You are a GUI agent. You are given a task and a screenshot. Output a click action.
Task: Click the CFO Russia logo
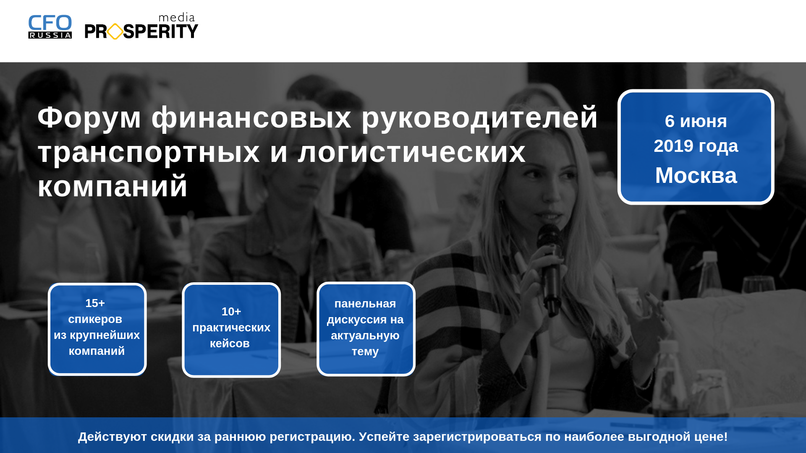[50, 27]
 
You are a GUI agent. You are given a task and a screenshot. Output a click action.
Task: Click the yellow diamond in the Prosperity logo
[115, 31]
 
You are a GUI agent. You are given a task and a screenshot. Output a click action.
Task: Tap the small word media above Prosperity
[177, 18]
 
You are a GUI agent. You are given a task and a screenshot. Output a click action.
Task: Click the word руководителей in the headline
[479, 118]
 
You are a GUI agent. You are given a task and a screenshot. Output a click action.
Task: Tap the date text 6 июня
[696, 121]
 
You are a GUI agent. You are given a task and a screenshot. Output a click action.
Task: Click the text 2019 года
[696, 146]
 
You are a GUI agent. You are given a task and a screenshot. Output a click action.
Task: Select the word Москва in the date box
[696, 175]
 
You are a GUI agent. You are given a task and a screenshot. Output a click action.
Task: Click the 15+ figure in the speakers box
[95, 303]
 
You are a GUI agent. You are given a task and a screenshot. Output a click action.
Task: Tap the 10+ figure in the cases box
[231, 311]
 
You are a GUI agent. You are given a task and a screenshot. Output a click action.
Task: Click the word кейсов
[230, 344]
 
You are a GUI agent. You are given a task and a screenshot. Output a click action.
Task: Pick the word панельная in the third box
[365, 304]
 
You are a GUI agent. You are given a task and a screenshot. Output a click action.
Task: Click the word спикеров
[95, 319]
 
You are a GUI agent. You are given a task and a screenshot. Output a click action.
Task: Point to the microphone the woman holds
[551, 268]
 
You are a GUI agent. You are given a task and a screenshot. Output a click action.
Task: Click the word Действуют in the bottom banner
[113, 437]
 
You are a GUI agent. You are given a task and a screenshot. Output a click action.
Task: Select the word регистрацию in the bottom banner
[312, 437]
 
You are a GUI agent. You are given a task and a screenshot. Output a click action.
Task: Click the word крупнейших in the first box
[105, 335]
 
